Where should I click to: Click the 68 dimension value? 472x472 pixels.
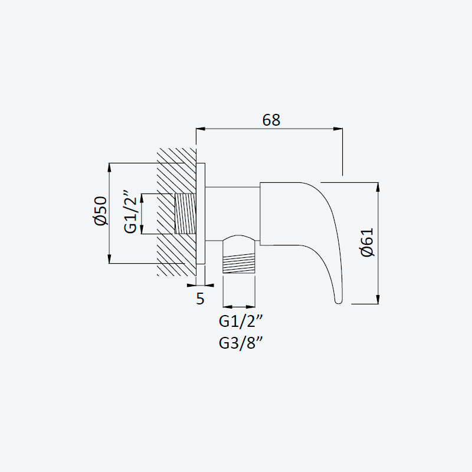tap(271, 120)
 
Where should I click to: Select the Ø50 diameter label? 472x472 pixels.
tap(101, 211)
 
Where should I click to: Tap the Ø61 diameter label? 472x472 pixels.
tap(367, 242)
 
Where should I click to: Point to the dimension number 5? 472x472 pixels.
tap(200, 299)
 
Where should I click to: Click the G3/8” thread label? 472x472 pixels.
tap(241, 343)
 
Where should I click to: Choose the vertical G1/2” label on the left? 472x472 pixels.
tap(130, 212)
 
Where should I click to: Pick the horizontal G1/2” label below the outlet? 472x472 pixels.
tap(241, 321)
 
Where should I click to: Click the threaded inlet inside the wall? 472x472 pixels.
tap(185, 214)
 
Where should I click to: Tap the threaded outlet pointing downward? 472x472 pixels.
tap(239, 263)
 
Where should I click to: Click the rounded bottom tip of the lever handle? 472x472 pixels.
tap(338, 301)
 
